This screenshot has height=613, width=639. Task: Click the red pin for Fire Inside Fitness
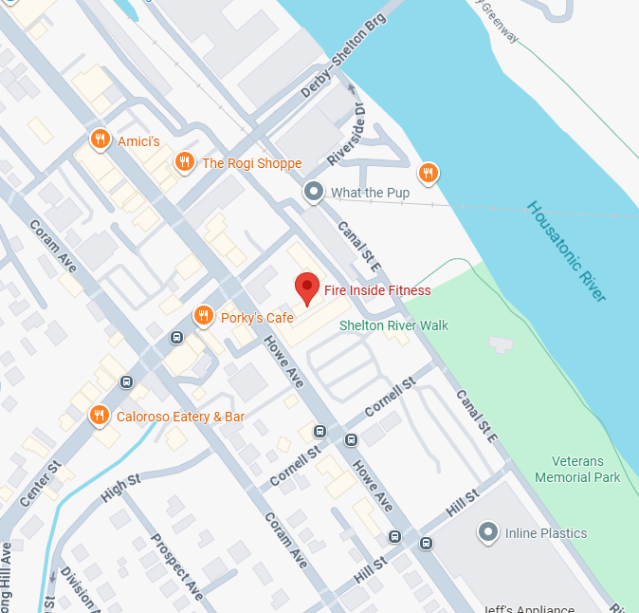[x=306, y=288]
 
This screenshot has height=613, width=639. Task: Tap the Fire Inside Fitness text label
[x=377, y=291]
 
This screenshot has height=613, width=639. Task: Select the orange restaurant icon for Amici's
[x=100, y=140]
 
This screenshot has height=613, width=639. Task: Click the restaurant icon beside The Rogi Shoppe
[x=185, y=163]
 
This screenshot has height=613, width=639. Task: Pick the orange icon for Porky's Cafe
[x=203, y=317]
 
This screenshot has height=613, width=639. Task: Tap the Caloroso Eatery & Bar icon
[x=99, y=416]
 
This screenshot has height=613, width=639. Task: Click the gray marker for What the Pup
[x=314, y=193]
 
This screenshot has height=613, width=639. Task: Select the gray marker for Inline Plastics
[x=488, y=533]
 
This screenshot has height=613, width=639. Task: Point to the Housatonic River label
[x=566, y=251]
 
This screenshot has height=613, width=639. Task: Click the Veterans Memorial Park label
[x=577, y=470]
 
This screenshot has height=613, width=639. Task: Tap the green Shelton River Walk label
[x=394, y=325]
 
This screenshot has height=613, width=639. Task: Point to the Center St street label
[x=40, y=481]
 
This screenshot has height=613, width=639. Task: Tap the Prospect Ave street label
[x=177, y=567]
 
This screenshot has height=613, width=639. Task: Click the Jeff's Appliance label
[x=529, y=608]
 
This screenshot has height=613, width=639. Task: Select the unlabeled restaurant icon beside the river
[x=429, y=173]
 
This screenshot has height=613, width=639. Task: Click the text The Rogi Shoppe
[x=251, y=163]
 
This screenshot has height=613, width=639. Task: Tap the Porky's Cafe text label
[x=257, y=318]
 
